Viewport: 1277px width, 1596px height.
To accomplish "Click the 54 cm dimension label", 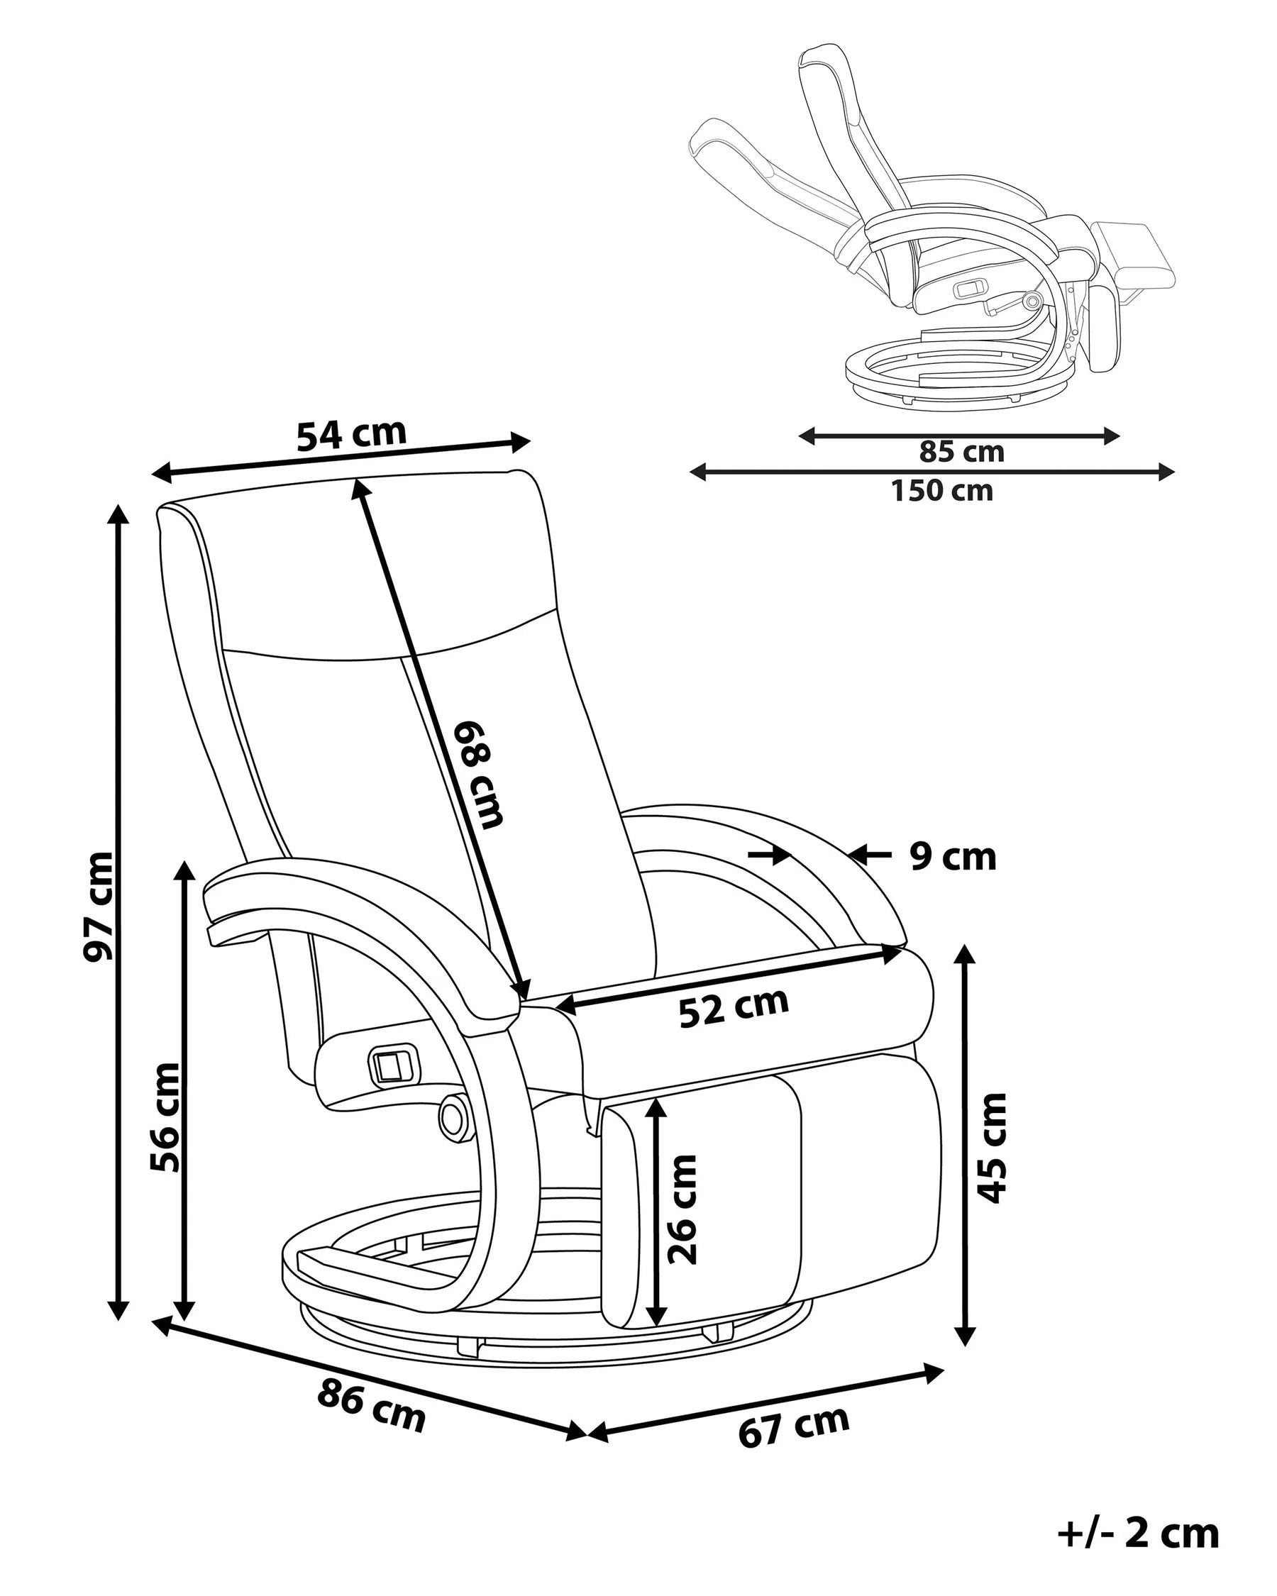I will pyautogui.click(x=352, y=435).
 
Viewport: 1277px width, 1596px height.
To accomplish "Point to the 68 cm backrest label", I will pyautogui.click(x=479, y=773).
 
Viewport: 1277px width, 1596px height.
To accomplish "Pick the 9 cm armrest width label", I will pyautogui.click(x=953, y=857).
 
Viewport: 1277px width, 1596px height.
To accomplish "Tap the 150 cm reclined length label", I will pyautogui.click(x=941, y=491).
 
